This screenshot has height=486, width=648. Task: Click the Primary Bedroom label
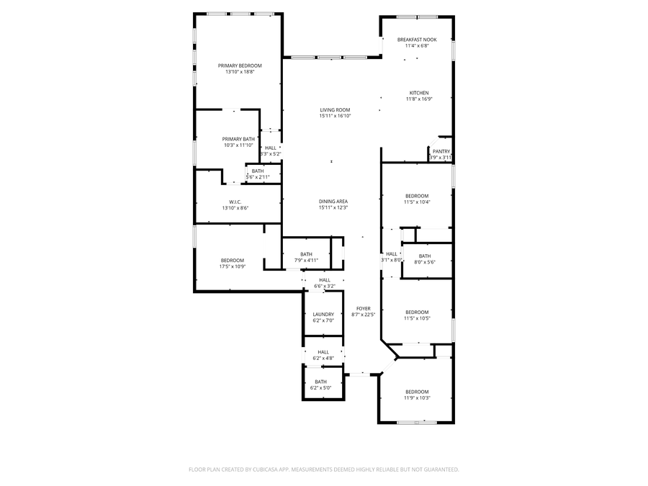coord(240,66)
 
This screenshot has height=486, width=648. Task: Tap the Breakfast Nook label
coord(417,40)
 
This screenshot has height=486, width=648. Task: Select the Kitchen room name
coord(419,93)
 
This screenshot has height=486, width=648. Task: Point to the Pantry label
coord(441,151)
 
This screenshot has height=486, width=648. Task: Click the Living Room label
coord(335,109)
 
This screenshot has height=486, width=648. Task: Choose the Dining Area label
coord(333,202)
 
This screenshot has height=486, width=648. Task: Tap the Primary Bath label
coord(238,139)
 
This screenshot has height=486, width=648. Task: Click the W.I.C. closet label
coord(235,202)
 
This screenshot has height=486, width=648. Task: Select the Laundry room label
coord(323,314)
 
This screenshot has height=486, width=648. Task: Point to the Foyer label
coord(364,308)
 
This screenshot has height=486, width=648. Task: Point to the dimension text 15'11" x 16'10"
coord(335,116)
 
